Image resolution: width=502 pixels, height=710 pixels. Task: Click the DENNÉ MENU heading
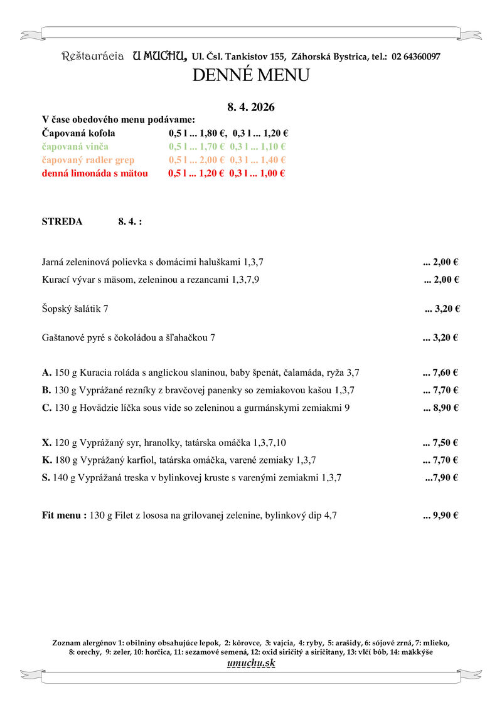pos(250,76)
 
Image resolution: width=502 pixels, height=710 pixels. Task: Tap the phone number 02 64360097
pos(416,56)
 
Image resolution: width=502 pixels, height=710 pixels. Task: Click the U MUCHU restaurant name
pos(159,56)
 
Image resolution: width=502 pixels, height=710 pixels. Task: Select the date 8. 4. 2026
pos(250,107)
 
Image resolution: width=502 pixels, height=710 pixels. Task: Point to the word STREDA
pos(61,221)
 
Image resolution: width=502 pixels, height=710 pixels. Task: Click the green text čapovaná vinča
pos(75,147)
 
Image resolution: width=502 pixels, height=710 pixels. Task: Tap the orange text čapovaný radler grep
pos(88,160)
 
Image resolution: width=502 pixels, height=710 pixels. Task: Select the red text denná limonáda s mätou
pos(95,173)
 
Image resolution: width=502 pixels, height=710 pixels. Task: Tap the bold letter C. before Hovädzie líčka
pos(46,408)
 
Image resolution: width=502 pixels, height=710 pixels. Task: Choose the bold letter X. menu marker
pos(46,442)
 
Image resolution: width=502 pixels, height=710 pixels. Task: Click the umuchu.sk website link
pos(250,663)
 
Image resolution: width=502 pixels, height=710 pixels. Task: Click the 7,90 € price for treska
pos(445,477)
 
